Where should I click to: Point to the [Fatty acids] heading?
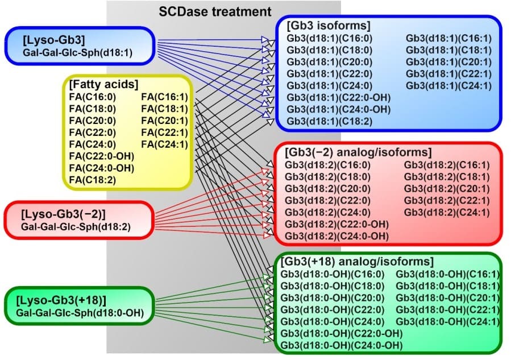[103, 84]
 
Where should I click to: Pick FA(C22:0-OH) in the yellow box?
[101, 156]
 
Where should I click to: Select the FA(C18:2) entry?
[92, 180]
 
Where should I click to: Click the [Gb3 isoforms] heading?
[329, 26]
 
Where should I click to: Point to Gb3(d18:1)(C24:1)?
[448, 85]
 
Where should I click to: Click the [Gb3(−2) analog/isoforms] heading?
[359, 152]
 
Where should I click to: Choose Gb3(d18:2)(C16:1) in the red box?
[446, 164]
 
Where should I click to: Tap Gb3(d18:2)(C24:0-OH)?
[336, 235]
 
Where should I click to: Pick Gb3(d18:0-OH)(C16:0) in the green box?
[334, 274]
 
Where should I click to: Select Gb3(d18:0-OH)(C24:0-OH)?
[341, 345]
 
